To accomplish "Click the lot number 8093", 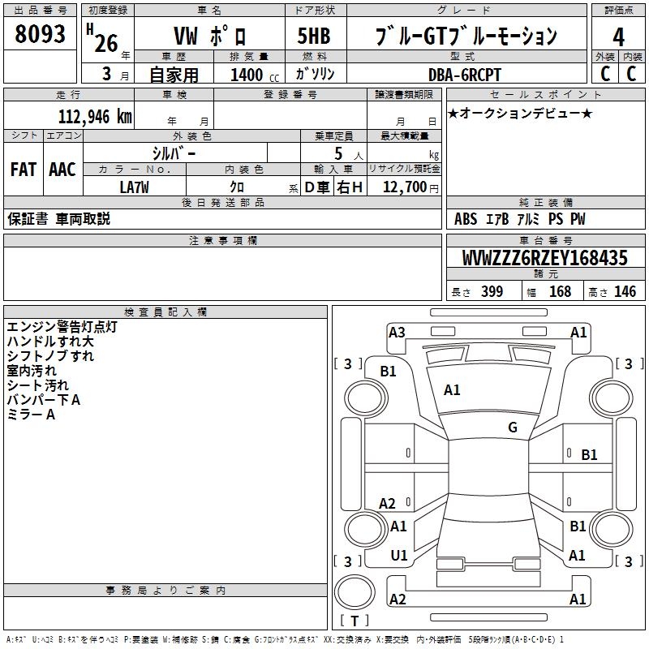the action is point(40,35).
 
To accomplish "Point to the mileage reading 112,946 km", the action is point(95,116).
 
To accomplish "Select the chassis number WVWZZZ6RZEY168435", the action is point(544,259).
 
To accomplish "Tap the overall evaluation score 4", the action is point(618,37).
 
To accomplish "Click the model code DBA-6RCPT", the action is point(465,74).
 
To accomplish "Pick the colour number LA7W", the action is point(135,187).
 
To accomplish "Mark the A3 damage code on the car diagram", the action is point(397,332).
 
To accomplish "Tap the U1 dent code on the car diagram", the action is point(398,556).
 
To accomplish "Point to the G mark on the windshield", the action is point(512,428).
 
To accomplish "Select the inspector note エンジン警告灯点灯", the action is point(62,327).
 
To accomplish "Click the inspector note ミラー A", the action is point(31,415).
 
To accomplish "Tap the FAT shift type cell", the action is point(23,169).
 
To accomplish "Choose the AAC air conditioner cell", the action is point(62,169).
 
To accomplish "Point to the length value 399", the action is point(492,292).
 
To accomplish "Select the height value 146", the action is point(625,292).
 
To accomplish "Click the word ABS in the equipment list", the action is point(466,219).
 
